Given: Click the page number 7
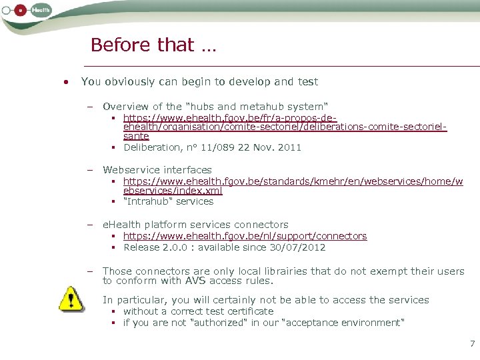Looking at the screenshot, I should (x=472, y=344).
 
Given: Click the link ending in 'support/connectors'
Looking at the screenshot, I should (x=245, y=236).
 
